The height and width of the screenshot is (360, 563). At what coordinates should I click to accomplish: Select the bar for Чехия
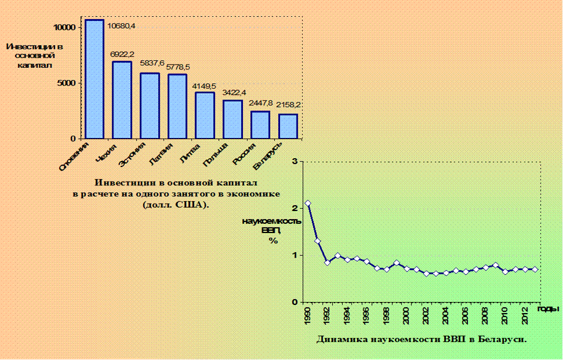tap(122, 100)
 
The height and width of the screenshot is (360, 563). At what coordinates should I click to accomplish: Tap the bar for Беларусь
tap(288, 126)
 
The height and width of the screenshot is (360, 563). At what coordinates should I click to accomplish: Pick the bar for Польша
tap(233, 119)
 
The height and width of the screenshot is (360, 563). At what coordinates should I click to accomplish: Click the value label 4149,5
tap(205, 85)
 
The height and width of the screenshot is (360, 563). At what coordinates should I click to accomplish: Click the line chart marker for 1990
tap(308, 203)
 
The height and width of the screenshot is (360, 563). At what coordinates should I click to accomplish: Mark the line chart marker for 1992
tap(328, 262)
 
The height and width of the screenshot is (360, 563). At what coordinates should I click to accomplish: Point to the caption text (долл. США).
tap(176, 205)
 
